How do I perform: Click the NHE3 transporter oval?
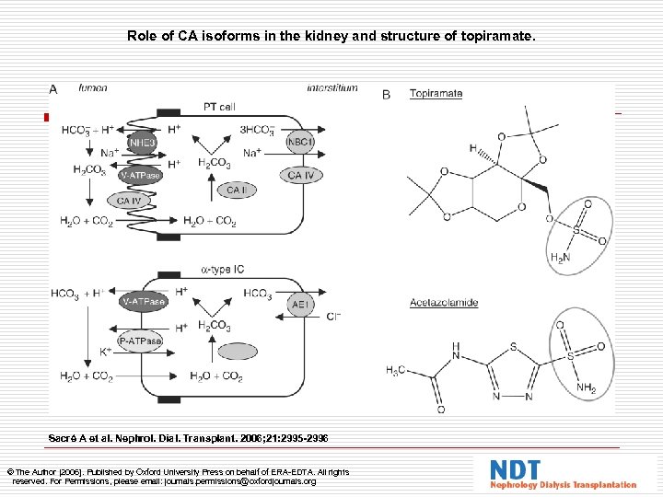click(x=143, y=144)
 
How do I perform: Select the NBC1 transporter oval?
click(x=299, y=144)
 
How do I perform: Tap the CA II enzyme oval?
click(x=236, y=191)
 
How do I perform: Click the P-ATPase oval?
click(x=140, y=341)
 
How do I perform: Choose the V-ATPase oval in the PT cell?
click(x=140, y=175)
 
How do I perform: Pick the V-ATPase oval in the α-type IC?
click(x=143, y=301)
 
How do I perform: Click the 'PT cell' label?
click(x=218, y=107)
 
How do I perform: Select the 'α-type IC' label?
click(x=223, y=270)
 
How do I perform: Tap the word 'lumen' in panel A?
click(x=93, y=88)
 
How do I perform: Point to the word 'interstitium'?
click(x=332, y=88)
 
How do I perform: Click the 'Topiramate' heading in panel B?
click(x=436, y=93)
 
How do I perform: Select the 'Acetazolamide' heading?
click(x=445, y=301)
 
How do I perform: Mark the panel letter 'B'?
click(x=386, y=94)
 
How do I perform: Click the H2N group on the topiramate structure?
click(x=559, y=258)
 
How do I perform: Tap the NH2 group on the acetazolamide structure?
click(x=587, y=389)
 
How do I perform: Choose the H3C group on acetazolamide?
click(x=394, y=370)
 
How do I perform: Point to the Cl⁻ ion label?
click(x=332, y=317)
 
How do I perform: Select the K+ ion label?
click(x=105, y=352)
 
